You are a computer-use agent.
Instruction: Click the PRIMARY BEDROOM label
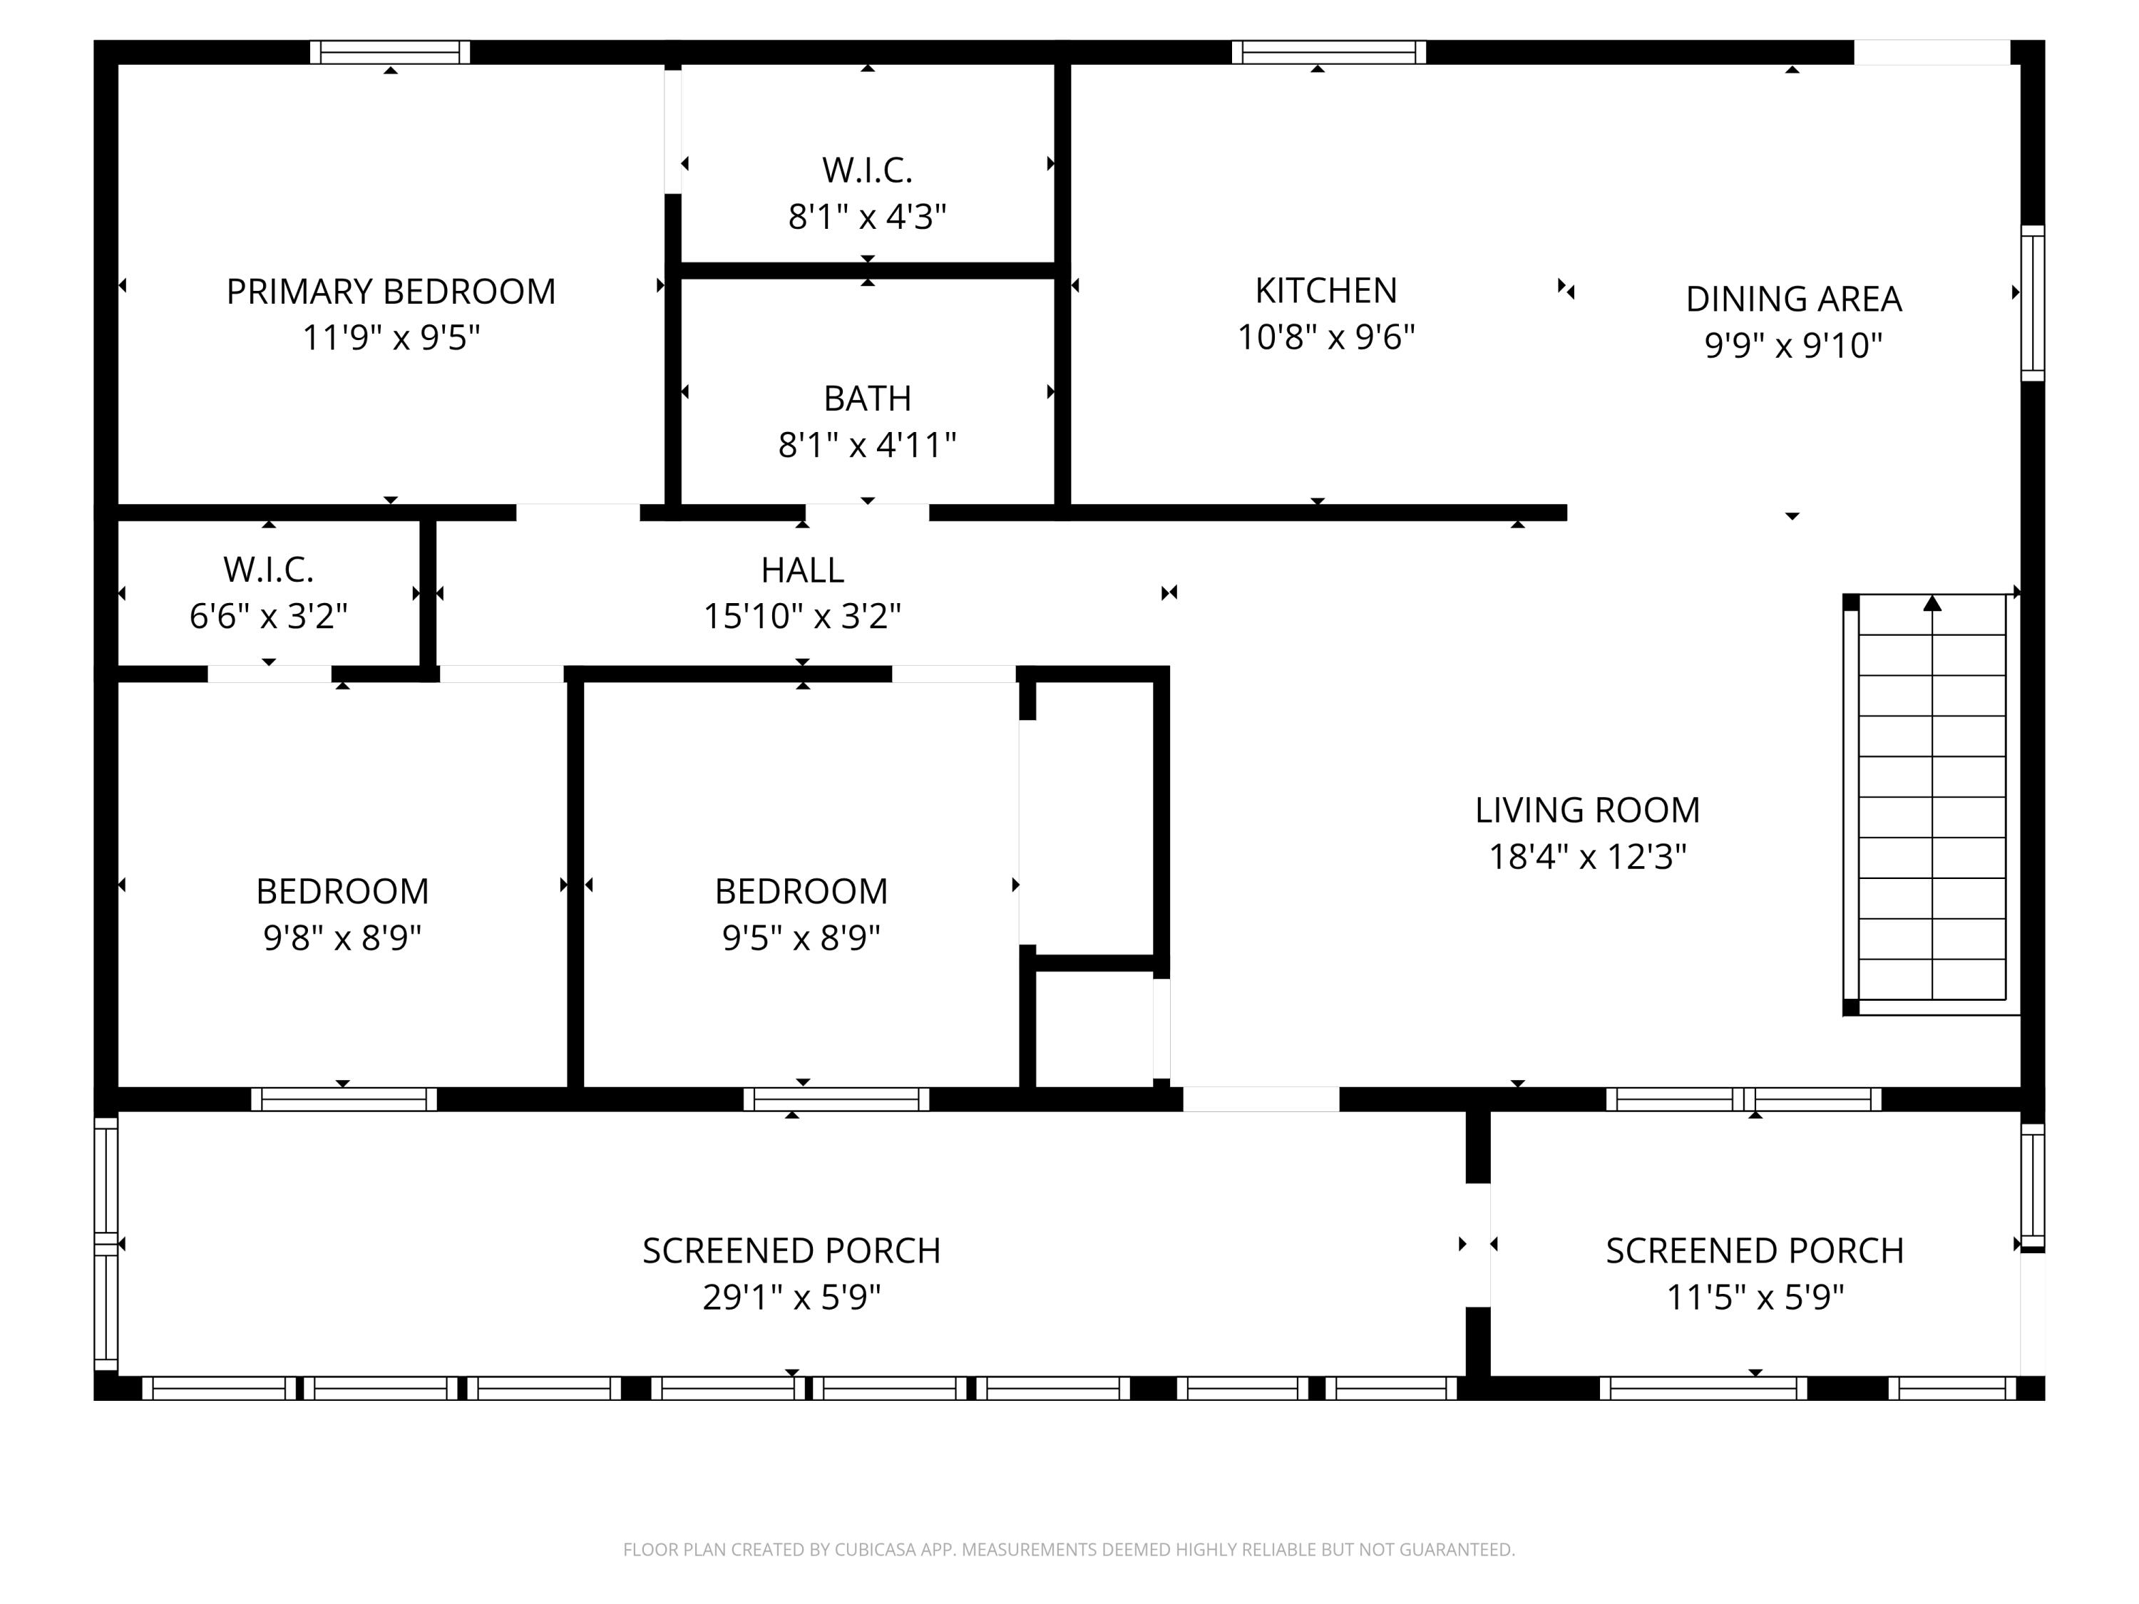pyautogui.click(x=391, y=291)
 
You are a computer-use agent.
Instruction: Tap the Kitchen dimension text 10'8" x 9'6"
pyautogui.click(x=1325, y=336)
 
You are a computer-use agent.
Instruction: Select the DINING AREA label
pyautogui.click(x=1794, y=299)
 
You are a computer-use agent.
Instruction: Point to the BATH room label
pyautogui.click(x=868, y=399)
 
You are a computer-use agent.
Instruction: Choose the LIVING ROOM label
pyautogui.click(x=1588, y=809)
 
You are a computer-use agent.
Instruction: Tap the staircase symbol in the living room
pyautogui.click(x=1932, y=804)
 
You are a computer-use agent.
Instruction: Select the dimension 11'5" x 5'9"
pyautogui.click(x=1755, y=1297)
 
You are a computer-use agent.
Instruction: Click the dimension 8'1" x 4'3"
pyautogui.click(x=868, y=217)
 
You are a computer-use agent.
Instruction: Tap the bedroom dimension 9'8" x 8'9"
pyautogui.click(x=342, y=937)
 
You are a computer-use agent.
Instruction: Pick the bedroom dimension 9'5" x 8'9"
pyautogui.click(x=801, y=937)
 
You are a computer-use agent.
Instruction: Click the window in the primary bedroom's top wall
pyautogui.click(x=390, y=52)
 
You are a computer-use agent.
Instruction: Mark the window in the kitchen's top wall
pyautogui.click(x=1328, y=52)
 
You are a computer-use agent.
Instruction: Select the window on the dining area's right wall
pyautogui.click(x=2033, y=303)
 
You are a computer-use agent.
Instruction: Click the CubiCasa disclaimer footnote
pyautogui.click(x=1069, y=1549)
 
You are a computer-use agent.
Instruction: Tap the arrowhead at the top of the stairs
pyautogui.click(x=1932, y=603)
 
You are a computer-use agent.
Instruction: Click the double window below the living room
pyautogui.click(x=1743, y=1099)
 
